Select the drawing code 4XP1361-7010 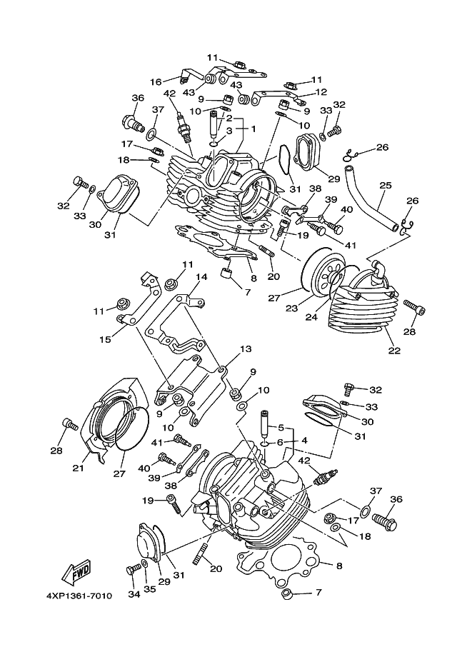(x=79, y=596)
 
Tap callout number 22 (x=394, y=351)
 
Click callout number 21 (x=78, y=468)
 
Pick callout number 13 (x=246, y=348)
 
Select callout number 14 (x=201, y=277)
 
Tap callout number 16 (x=156, y=82)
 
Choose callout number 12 (x=321, y=92)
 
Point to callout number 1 (x=253, y=129)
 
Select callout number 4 (x=304, y=441)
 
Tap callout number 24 (x=311, y=317)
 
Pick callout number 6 (x=279, y=442)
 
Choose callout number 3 (x=229, y=131)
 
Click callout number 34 (x=134, y=595)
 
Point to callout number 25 (x=386, y=185)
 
